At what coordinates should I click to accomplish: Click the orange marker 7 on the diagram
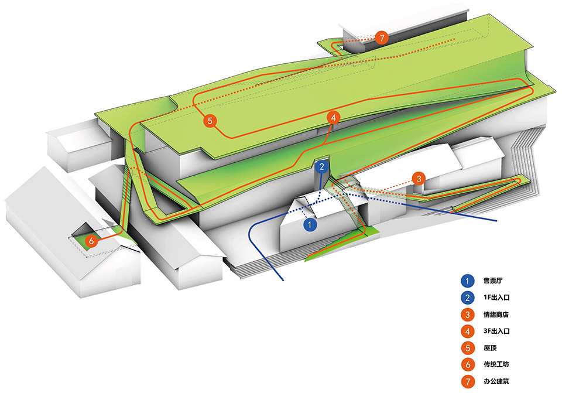382,39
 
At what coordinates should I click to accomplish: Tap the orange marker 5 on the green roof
211,121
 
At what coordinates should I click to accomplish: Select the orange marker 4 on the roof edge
333,118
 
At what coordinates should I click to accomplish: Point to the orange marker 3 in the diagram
419,179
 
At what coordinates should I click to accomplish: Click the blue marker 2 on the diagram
322,167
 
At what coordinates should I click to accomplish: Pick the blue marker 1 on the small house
311,223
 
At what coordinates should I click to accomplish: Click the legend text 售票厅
493,281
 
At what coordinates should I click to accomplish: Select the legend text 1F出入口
496,298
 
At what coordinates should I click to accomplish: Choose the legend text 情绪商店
496,315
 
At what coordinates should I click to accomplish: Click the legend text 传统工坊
496,365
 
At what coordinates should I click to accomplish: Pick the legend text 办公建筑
496,382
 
